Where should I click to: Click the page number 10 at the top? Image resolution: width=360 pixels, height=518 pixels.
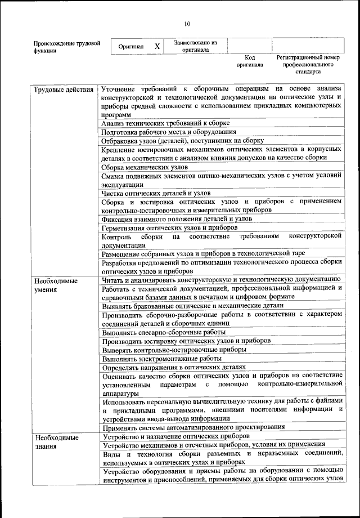187,24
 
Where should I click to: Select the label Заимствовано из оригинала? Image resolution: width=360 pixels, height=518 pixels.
195,46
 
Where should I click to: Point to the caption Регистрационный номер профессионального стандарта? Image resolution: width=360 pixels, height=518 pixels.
308,64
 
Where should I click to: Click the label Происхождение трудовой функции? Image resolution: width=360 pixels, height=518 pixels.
66,46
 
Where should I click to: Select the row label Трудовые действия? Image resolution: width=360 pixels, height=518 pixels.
63,90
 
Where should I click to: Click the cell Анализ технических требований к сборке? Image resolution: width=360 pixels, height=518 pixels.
165,123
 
